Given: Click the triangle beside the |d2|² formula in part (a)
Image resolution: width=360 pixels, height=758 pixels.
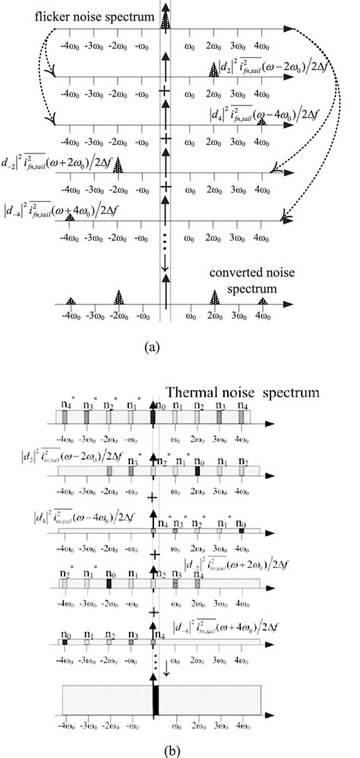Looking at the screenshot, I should [x=214, y=70].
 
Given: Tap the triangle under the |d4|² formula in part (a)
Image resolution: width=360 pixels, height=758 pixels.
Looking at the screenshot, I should [x=262, y=121].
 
